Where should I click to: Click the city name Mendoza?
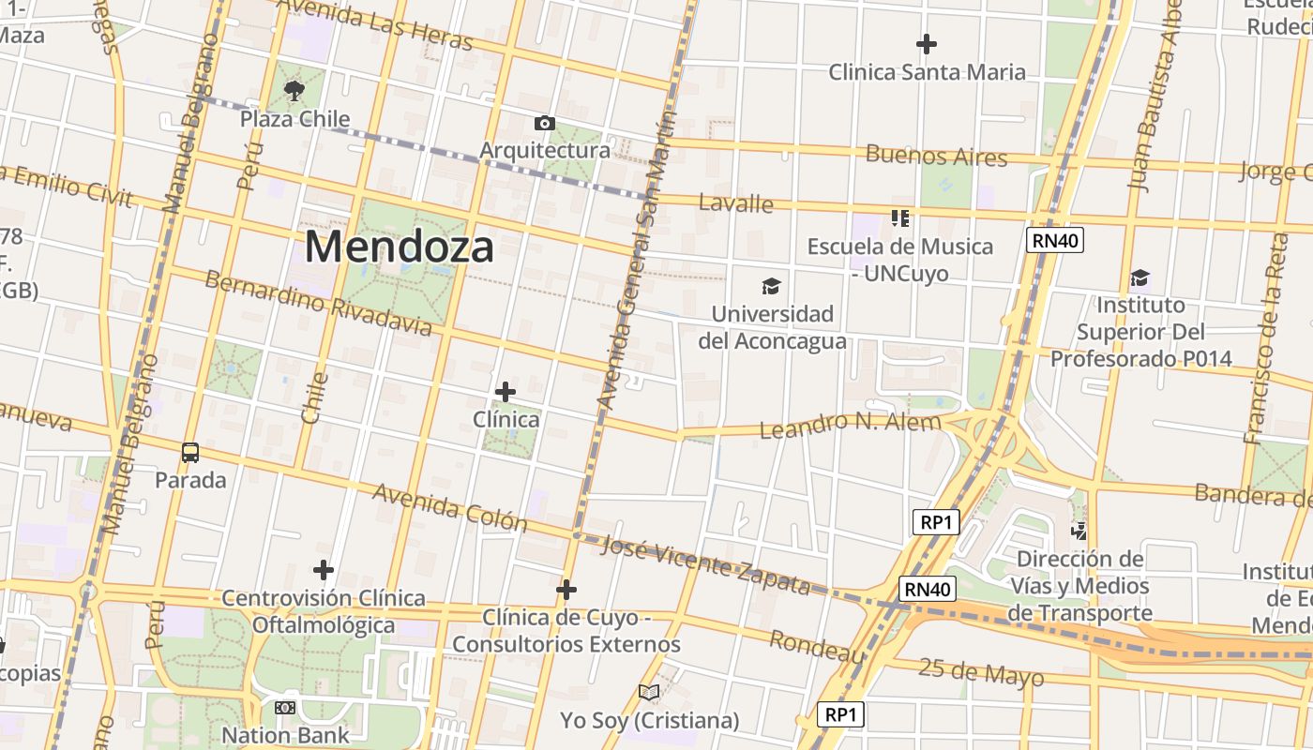click(399, 247)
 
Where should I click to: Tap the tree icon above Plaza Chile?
click(294, 91)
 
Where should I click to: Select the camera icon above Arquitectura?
click(544, 123)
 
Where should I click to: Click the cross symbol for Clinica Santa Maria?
click(927, 44)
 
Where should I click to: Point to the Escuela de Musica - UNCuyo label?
click(899, 260)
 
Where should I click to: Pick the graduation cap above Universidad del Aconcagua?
click(771, 286)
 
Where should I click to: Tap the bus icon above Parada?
click(190, 453)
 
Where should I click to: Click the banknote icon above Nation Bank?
click(285, 708)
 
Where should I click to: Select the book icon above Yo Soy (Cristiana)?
click(649, 692)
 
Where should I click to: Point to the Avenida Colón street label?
click(450, 507)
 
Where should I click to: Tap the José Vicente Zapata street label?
click(705, 565)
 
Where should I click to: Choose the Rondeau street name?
click(817, 647)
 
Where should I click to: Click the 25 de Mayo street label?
click(981, 672)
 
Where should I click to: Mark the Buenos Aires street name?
click(936, 155)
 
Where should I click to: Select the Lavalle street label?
click(737, 202)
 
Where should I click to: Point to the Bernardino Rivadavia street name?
click(318, 303)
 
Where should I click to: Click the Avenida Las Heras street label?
click(375, 23)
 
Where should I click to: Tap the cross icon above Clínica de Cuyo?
click(566, 590)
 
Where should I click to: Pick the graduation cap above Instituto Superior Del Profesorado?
click(1139, 277)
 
